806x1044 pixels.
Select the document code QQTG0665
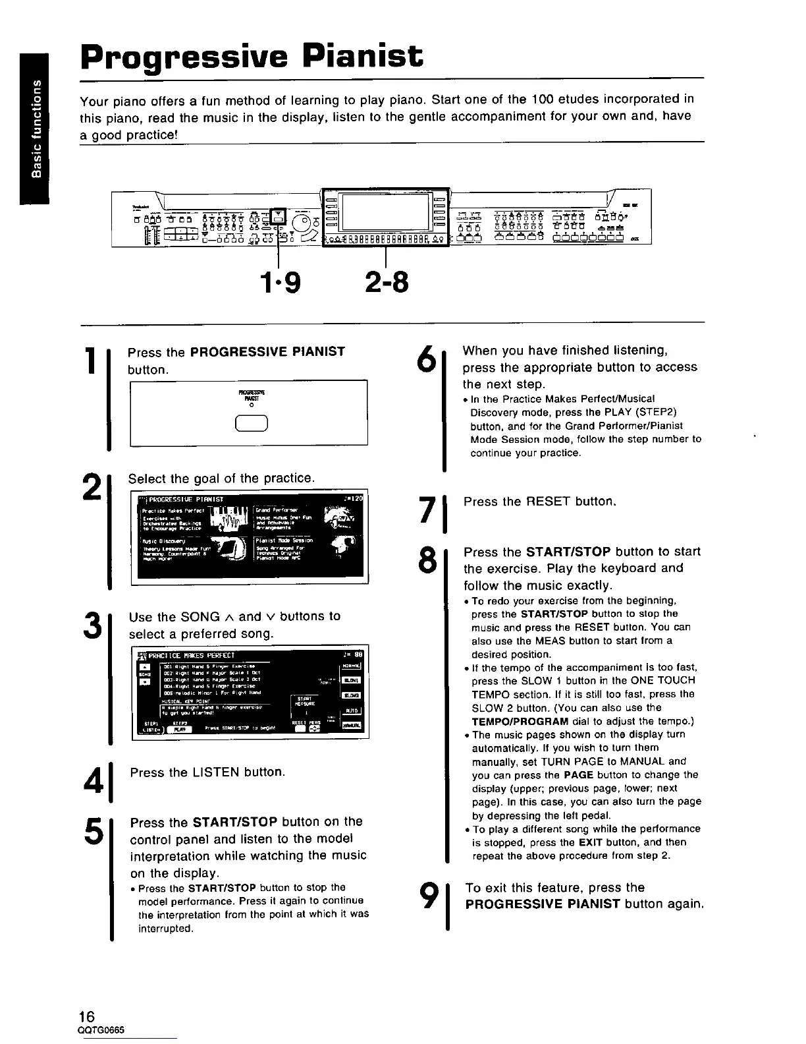[101, 1030]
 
